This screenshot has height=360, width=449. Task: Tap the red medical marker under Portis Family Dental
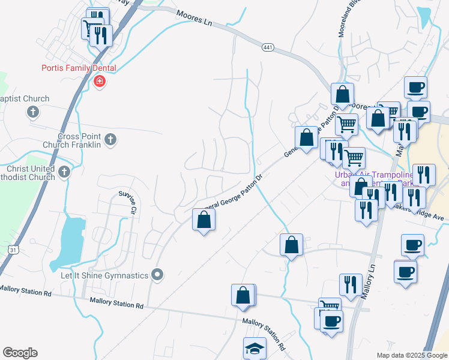(100, 82)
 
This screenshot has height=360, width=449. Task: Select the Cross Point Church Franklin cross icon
(109, 140)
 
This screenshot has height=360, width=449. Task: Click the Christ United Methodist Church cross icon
(64, 172)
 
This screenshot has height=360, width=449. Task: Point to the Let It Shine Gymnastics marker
(158, 275)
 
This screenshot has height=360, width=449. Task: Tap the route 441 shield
(268, 47)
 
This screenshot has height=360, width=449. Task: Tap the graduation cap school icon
(255, 347)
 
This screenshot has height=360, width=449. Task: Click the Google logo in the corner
(20, 353)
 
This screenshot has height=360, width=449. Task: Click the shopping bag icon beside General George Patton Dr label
(203, 220)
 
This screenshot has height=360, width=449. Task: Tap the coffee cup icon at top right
(415, 88)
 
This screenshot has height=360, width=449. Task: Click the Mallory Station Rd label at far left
(25, 290)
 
